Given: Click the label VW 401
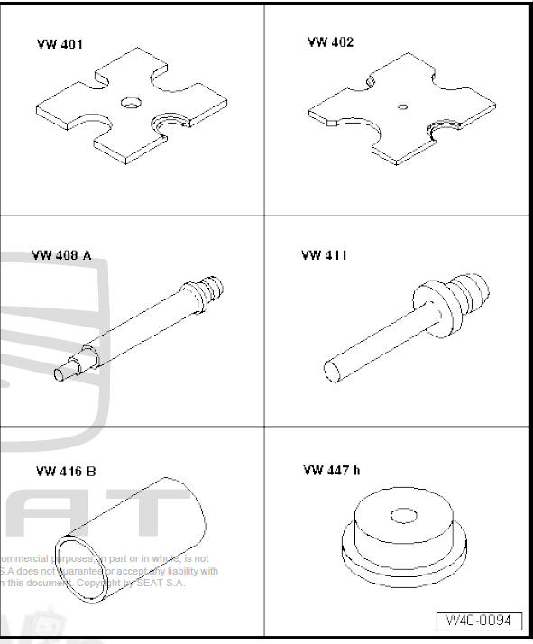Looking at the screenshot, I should point(60,44).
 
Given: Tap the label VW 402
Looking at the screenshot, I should point(330,42).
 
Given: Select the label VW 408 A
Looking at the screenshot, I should point(61,255).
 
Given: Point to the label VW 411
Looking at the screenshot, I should point(324,255).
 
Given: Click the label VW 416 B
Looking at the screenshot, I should point(66,471).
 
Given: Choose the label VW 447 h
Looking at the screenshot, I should point(332,470).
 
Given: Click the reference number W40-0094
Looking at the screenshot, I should point(479,621).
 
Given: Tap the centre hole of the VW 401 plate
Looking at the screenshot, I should point(130,102).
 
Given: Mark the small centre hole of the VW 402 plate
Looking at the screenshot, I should point(402,106).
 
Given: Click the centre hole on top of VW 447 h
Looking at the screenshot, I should point(403,516).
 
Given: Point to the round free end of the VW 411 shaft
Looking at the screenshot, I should point(331,371).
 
